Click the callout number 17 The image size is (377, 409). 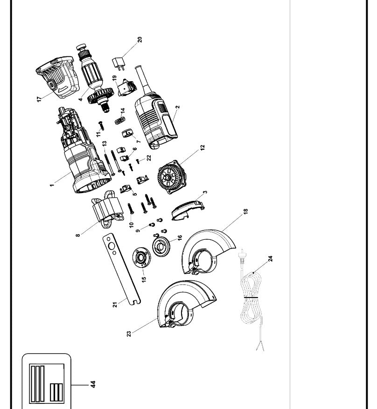(40, 99)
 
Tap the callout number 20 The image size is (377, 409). (140, 40)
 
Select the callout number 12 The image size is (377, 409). (202, 147)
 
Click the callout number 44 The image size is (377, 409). (93, 384)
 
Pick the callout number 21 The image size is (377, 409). (115, 304)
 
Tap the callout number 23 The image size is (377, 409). (129, 333)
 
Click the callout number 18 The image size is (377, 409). (245, 211)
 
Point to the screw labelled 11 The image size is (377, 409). (101, 125)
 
